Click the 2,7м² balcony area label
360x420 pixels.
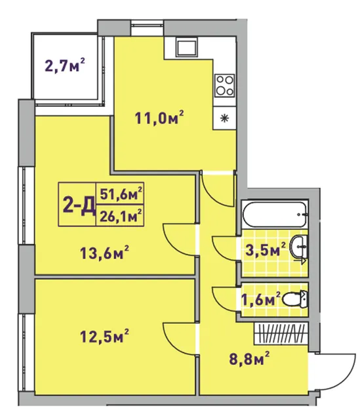65,66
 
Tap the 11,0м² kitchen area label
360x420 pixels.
159,118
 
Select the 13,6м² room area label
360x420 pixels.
105,253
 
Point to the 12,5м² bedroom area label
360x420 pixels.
105,336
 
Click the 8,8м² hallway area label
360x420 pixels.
249,359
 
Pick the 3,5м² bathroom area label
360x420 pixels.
266,249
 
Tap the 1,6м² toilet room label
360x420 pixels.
261,299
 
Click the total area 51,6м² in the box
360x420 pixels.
121,194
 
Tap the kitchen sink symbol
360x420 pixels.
187,47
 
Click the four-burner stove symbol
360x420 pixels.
225,85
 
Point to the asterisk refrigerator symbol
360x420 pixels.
224,118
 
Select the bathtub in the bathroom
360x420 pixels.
275,215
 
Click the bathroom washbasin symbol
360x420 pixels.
300,247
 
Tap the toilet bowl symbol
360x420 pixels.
296,299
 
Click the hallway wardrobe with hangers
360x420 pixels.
281,333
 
